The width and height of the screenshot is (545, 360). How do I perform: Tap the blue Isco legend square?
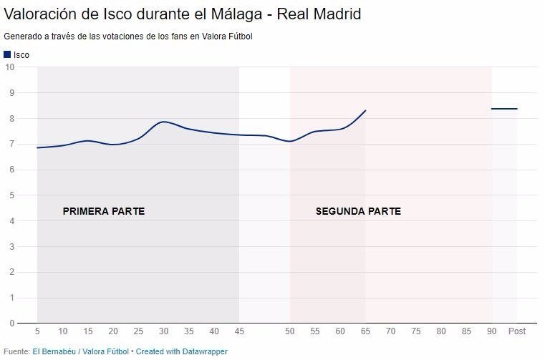click(x=7, y=54)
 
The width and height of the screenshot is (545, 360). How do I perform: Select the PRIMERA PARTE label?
click(x=103, y=211)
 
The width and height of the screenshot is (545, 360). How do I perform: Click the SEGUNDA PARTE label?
click(x=358, y=211)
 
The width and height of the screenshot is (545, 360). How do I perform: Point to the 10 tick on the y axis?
click(x=10, y=67)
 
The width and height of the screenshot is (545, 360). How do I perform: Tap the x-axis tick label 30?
click(x=164, y=332)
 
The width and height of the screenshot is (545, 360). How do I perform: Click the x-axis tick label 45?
click(x=239, y=332)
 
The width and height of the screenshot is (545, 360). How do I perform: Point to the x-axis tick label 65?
click(x=365, y=332)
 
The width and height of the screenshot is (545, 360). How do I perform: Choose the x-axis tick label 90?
click(x=491, y=332)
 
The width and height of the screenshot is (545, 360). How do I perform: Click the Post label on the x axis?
click(x=516, y=332)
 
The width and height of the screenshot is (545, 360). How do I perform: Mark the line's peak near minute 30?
click(x=164, y=122)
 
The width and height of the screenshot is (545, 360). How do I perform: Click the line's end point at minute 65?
click(x=365, y=111)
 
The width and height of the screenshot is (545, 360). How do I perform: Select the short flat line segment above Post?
click(x=504, y=109)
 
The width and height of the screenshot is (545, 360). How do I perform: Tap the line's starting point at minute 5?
click(x=38, y=147)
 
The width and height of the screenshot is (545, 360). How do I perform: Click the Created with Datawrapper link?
click(x=183, y=351)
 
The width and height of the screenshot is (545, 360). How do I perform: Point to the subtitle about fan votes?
click(x=128, y=37)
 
